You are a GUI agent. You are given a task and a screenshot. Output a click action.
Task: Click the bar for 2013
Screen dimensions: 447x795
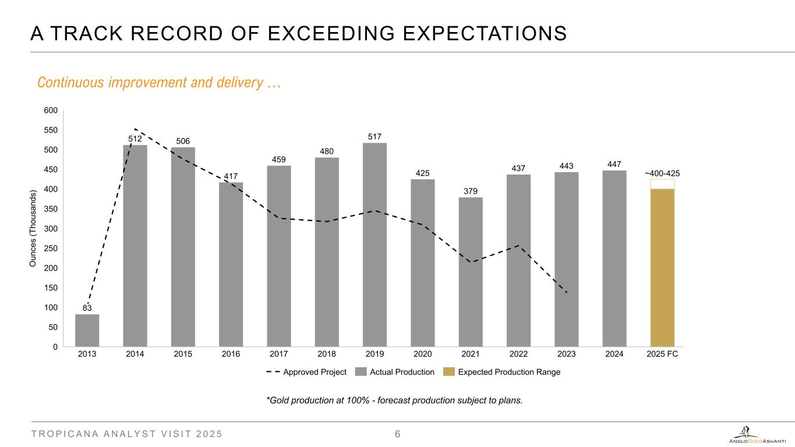87,331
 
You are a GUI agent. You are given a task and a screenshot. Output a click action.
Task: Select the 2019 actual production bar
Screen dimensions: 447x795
374,244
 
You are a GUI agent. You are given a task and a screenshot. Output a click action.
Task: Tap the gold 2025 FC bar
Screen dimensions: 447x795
662,268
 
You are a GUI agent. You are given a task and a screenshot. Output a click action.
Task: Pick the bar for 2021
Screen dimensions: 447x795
471,272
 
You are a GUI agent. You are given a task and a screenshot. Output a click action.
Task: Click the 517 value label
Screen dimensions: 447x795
374,137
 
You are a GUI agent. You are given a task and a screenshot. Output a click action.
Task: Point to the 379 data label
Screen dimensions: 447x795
471,191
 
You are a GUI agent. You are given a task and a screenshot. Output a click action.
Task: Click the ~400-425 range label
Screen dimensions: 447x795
662,173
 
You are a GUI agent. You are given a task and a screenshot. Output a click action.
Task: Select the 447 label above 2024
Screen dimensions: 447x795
614,165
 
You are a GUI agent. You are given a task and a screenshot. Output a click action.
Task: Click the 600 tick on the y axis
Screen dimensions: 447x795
51,111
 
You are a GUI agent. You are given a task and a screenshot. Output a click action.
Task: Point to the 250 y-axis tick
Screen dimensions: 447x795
51,249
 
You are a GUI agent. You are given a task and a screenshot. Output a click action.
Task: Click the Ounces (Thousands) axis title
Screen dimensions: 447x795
34,229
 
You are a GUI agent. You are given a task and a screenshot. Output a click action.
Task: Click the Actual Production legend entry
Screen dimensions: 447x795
395,372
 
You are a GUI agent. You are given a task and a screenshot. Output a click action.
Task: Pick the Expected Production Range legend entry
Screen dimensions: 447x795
501,372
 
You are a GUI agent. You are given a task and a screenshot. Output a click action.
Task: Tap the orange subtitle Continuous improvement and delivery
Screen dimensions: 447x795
158,83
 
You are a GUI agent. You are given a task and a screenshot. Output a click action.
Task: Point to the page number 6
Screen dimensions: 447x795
398,434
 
